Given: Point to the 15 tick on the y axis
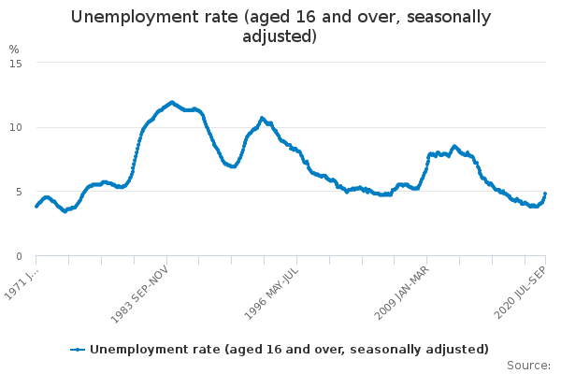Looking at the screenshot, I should [15, 63].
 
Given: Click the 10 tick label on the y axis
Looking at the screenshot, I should [15, 127].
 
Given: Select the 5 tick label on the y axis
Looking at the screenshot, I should [19, 192].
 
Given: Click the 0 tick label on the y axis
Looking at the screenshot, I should [19, 256].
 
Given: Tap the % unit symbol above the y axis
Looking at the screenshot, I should [13, 49].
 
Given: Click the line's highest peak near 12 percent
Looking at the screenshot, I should [171, 102].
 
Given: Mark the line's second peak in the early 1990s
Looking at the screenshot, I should [262, 118].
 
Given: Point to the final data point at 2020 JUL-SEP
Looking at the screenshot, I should [545, 194].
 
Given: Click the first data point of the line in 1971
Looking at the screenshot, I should [36, 207].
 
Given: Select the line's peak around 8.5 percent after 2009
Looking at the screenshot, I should [454, 146].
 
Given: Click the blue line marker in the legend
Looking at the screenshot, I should [79, 350].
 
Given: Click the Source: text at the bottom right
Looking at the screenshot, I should [528, 365].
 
